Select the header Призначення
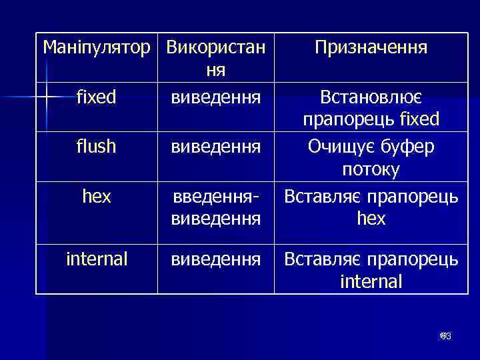pyautogui.click(x=371, y=48)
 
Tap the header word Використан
pyautogui.click(x=215, y=48)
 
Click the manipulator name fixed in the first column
pyautogui.click(x=97, y=97)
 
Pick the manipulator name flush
pyautogui.click(x=97, y=146)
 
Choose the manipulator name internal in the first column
pyautogui.click(x=97, y=259)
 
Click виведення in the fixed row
pyautogui.click(x=215, y=98)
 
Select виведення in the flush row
pyautogui.click(x=215, y=147)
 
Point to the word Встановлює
pyautogui.click(x=371, y=98)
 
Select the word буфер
pyautogui.click(x=408, y=147)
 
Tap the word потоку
pyautogui.click(x=371, y=170)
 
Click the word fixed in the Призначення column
pyautogui.click(x=417, y=120)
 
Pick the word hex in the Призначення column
pyautogui.click(x=371, y=219)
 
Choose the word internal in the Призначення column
pyautogui.click(x=371, y=281)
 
